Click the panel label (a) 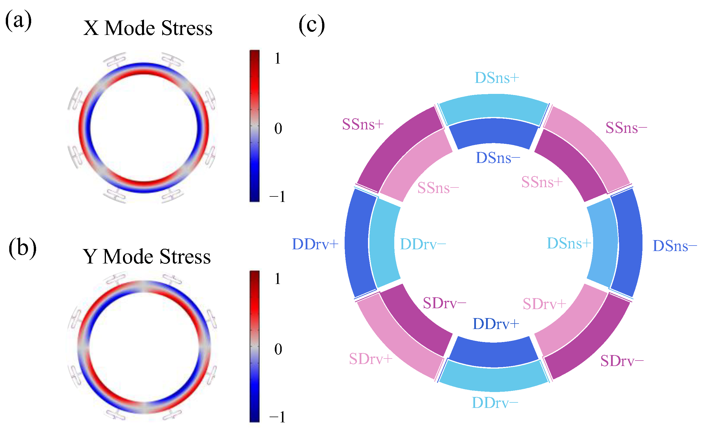(x=18, y=20)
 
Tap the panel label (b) (x=23, y=248)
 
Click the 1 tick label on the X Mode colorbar (x=278, y=58)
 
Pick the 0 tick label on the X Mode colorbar (x=278, y=129)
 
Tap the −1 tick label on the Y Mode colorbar (x=277, y=417)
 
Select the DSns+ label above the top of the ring (x=497, y=78)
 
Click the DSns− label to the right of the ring (x=675, y=246)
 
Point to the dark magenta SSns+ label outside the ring (x=363, y=125)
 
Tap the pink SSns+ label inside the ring (x=542, y=182)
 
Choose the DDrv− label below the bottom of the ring (x=495, y=403)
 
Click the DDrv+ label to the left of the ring (x=315, y=244)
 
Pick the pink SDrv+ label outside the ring (x=371, y=359)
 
